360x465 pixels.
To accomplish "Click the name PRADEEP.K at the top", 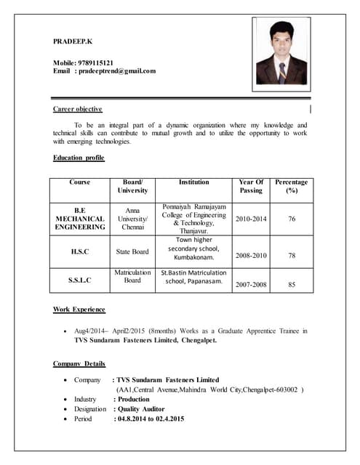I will pyautogui.click(x=73, y=41).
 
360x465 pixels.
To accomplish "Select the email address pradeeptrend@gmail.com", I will pyautogui.click(x=116, y=70).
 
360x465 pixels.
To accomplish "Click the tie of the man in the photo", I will pyautogui.click(x=281, y=71).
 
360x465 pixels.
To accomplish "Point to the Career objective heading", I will pyautogui.click(x=78, y=109).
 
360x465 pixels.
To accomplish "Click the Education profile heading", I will pyautogui.click(x=79, y=158).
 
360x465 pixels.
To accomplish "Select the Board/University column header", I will pyautogui.click(x=132, y=186).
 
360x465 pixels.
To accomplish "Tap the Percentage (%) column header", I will pyautogui.click(x=292, y=186).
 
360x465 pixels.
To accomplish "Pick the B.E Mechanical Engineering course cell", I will pyautogui.click(x=80, y=219).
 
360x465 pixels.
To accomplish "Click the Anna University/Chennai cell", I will pyautogui.click(x=132, y=219).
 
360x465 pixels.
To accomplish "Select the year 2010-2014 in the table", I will pyautogui.click(x=252, y=219).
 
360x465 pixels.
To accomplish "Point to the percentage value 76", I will pyautogui.click(x=292, y=219).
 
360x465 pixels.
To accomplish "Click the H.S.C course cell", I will pyautogui.click(x=80, y=251).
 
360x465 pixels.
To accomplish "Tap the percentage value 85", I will pyautogui.click(x=292, y=285).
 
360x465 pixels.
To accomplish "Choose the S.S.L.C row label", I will pyautogui.click(x=80, y=280).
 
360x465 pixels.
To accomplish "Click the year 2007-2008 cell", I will pyautogui.click(x=252, y=285).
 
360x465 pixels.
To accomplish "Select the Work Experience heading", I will pyautogui.click(x=79, y=310).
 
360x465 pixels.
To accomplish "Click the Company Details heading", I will pyautogui.click(x=79, y=363).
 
